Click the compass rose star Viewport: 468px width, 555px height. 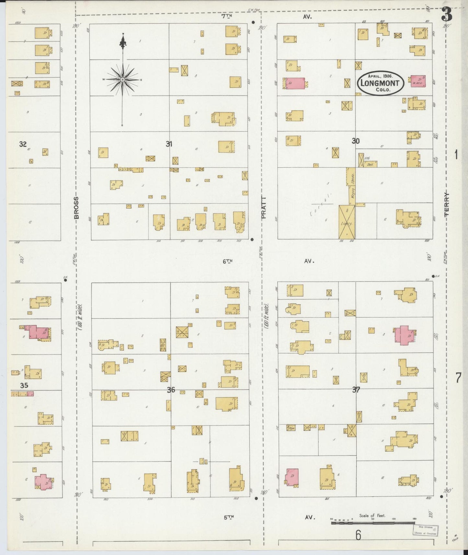coord(123,80)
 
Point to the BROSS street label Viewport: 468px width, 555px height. coord(76,208)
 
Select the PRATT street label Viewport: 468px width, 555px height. coord(263,208)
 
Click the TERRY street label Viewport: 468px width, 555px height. coord(447,204)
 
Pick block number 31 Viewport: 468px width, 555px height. coord(169,144)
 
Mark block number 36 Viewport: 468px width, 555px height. coord(171,390)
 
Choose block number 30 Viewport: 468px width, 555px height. coord(356,141)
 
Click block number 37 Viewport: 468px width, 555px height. coord(356,390)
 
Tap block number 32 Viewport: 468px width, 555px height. coord(23,144)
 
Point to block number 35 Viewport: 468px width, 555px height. coord(24,385)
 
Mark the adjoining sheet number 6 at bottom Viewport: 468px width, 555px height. coord(358,535)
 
